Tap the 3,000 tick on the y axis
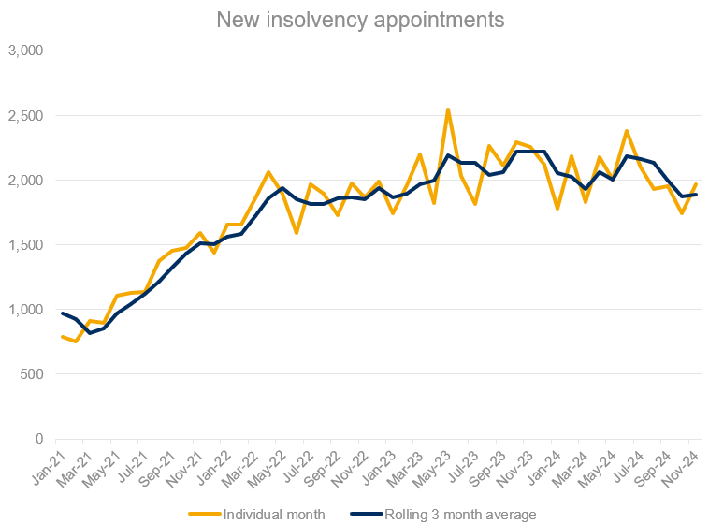click(26, 51)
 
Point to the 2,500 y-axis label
click(26, 115)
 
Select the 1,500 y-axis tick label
click(26, 245)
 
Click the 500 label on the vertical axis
click(33, 374)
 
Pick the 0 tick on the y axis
click(39, 439)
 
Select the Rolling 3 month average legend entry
click(445, 513)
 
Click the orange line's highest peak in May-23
click(448, 109)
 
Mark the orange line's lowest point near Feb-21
click(76, 342)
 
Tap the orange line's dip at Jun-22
click(297, 233)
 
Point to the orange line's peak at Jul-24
click(627, 131)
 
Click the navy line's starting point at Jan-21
click(63, 313)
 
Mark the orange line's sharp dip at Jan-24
click(558, 209)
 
